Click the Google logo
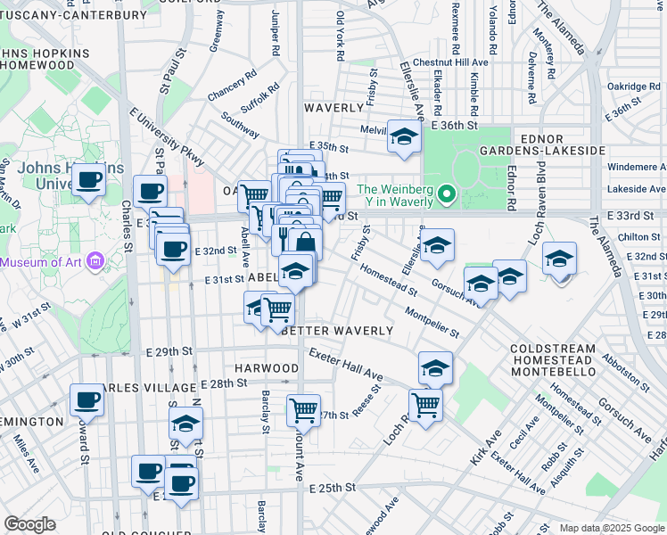[x=30, y=524]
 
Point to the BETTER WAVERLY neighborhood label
[x=338, y=331]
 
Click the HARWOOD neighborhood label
[x=267, y=368]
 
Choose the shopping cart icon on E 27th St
[x=304, y=409]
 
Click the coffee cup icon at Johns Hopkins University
[x=88, y=180]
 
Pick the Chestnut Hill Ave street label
[x=457, y=62]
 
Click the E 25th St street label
[x=333, y=488]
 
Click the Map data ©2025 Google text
[x=611, y=527]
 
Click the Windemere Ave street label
[x=635, y=167]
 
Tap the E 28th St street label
[x=223, y=383]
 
